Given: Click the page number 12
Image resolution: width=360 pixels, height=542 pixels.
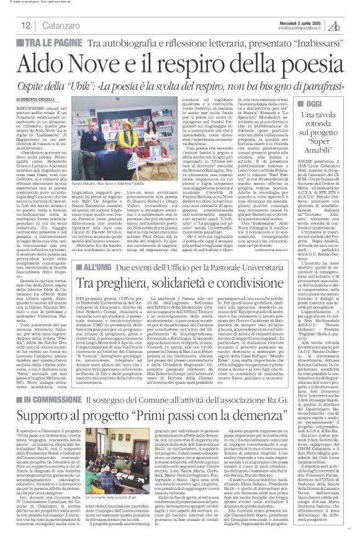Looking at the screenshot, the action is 25,25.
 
